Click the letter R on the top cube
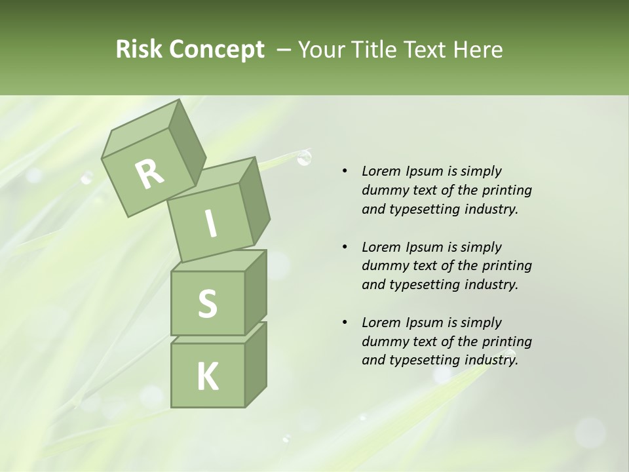tap(149, 174)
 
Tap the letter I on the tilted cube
tap(210, 224)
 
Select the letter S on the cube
tap(207, 304)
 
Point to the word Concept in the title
tap(216, 50)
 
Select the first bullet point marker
tap(345, 172)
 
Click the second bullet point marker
tap(345, 247)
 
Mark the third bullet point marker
tap(345, 323)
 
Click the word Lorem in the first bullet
tap(381, 171)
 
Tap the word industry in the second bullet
tap(491, 285)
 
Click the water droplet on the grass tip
tap(303, 157)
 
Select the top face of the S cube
tap(220, 261)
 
